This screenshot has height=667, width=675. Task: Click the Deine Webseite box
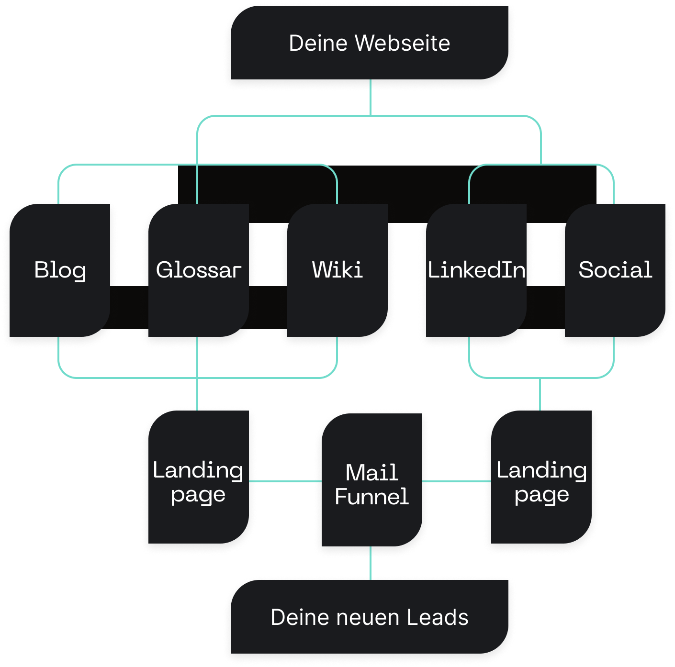coord(370,43)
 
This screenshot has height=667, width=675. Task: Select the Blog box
coord(60,270)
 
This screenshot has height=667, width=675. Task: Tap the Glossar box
coord(198,270)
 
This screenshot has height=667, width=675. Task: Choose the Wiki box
coord(337,270)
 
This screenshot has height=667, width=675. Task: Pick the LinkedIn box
coord(476,270)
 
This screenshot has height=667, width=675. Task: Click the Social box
coord(615,270)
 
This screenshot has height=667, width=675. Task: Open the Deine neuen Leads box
coord(370,617)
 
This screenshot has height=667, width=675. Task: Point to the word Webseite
coord(402,43)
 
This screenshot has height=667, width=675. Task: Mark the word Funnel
coord(371,497)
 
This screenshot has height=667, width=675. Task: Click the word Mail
coord(371,473)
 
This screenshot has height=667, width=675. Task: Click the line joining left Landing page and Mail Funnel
coord(285,481)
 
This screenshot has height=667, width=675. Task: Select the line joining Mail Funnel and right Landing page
coord(457,481)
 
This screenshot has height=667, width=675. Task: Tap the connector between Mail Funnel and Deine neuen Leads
coord(371,564)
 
